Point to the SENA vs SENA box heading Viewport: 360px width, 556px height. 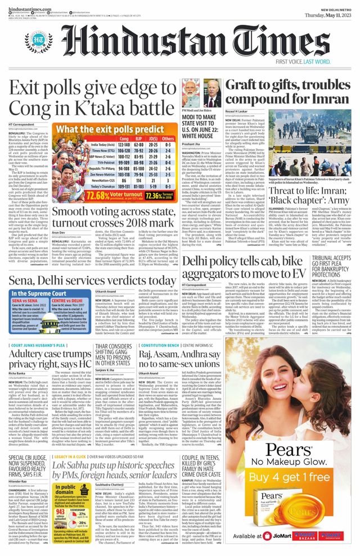[x=28, y=301]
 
